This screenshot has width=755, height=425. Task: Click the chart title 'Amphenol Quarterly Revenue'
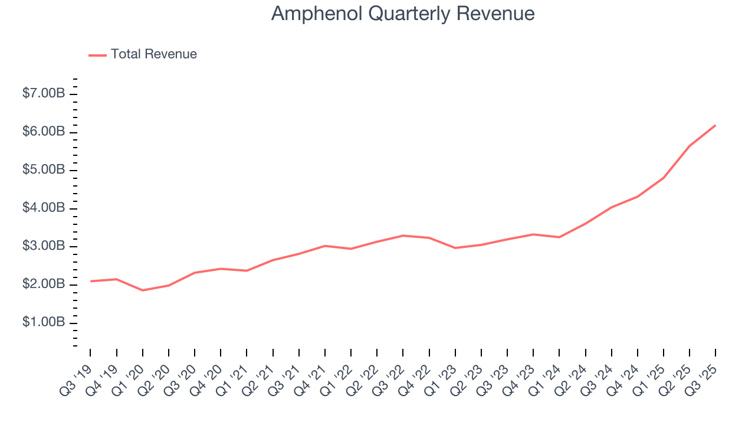tap(403, 14)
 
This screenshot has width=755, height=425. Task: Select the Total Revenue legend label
tap(153, 54)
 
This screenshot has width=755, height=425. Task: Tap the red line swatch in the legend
tap(97, 55)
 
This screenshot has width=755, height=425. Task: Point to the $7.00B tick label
tap(44, 94)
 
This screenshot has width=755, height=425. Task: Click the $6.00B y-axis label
tap(44, 132)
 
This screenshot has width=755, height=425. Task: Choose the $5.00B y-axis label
tap(44, 170)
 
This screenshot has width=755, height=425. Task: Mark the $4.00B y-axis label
tap(44, 208)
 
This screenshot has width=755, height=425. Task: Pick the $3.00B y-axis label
tap(44, 246)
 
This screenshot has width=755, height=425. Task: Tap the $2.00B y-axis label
tap(44, 285)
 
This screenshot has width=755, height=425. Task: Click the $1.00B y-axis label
tap(44, 323)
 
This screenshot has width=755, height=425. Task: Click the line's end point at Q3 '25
tap(715, 125)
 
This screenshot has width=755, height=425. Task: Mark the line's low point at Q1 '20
tap(142, 290)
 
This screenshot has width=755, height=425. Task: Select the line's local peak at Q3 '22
tap(403, 236)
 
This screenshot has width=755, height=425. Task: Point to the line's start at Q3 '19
tap(90, 281)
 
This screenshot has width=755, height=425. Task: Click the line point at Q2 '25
tap(690, 146)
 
